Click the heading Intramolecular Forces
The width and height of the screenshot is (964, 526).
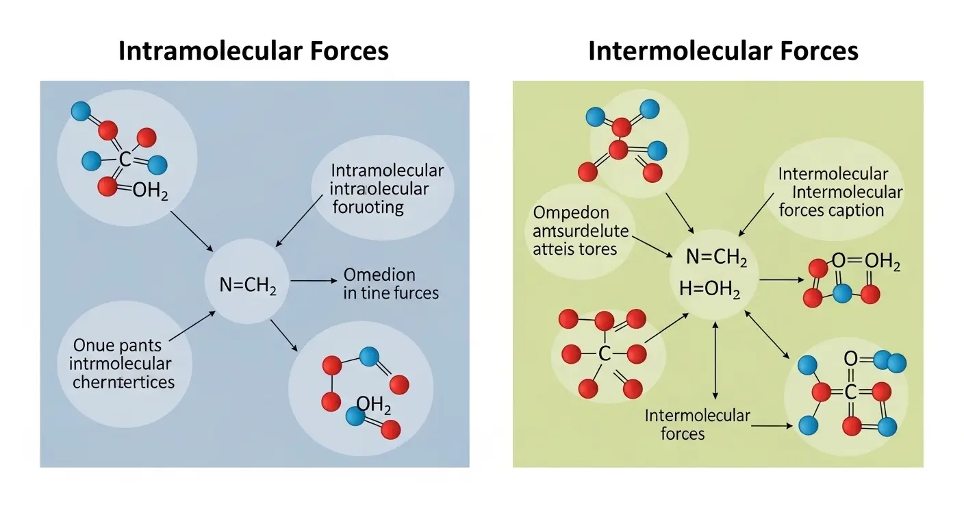click(253, 51)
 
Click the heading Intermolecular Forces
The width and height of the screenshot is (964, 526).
click(723, 51)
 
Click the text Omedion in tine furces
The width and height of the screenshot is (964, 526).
click(390, 284)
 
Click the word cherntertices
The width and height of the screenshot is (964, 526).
click(123, 381)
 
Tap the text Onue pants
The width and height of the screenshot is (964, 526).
click(113, 345)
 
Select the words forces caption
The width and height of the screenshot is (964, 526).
click(831, 210)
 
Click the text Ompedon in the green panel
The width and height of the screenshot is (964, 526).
click(570, 212)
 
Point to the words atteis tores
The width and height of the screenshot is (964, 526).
click(575, 248)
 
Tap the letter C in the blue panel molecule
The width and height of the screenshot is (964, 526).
click(125, 160)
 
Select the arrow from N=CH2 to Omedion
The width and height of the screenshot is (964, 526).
click(313, 281)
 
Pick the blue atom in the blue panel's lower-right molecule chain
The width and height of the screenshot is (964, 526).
click(368, 355)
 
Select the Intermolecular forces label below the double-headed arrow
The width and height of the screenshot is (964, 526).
click(697, 424)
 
